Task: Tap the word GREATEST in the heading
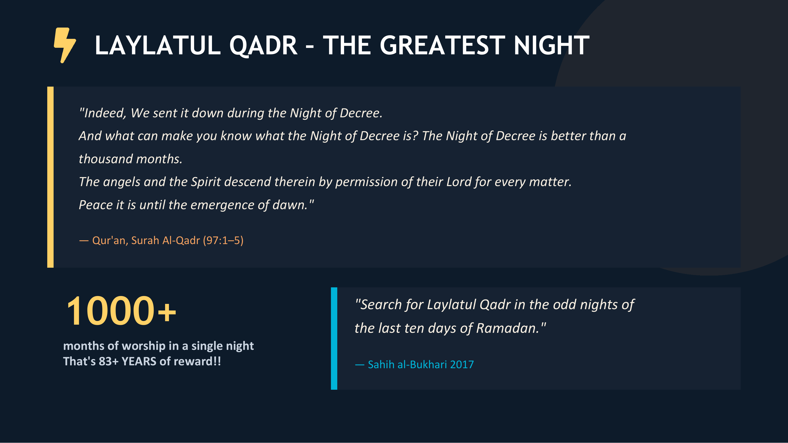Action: point(442,46)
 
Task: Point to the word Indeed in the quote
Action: point(104,113)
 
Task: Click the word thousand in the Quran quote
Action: point(106,159)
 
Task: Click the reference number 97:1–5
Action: point(223,241)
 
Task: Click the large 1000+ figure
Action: point(121,311)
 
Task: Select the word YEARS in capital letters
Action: point(139,361)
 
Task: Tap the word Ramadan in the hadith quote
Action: point(508,328)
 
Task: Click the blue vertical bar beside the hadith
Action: point(334,339)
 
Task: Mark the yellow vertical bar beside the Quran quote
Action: point(50,177)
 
